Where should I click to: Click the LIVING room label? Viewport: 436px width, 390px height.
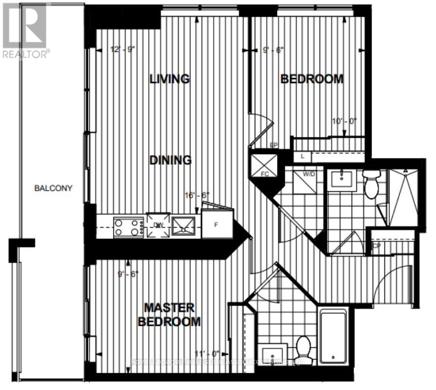[170, 78]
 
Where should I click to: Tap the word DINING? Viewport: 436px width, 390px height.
[170, 160]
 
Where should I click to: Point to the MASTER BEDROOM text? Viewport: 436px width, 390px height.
[169, 314]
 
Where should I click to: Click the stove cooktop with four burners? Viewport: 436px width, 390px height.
[128, 227]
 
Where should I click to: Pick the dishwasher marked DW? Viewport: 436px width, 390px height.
[158, 225]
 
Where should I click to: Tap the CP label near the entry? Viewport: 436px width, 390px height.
[377, 246]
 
